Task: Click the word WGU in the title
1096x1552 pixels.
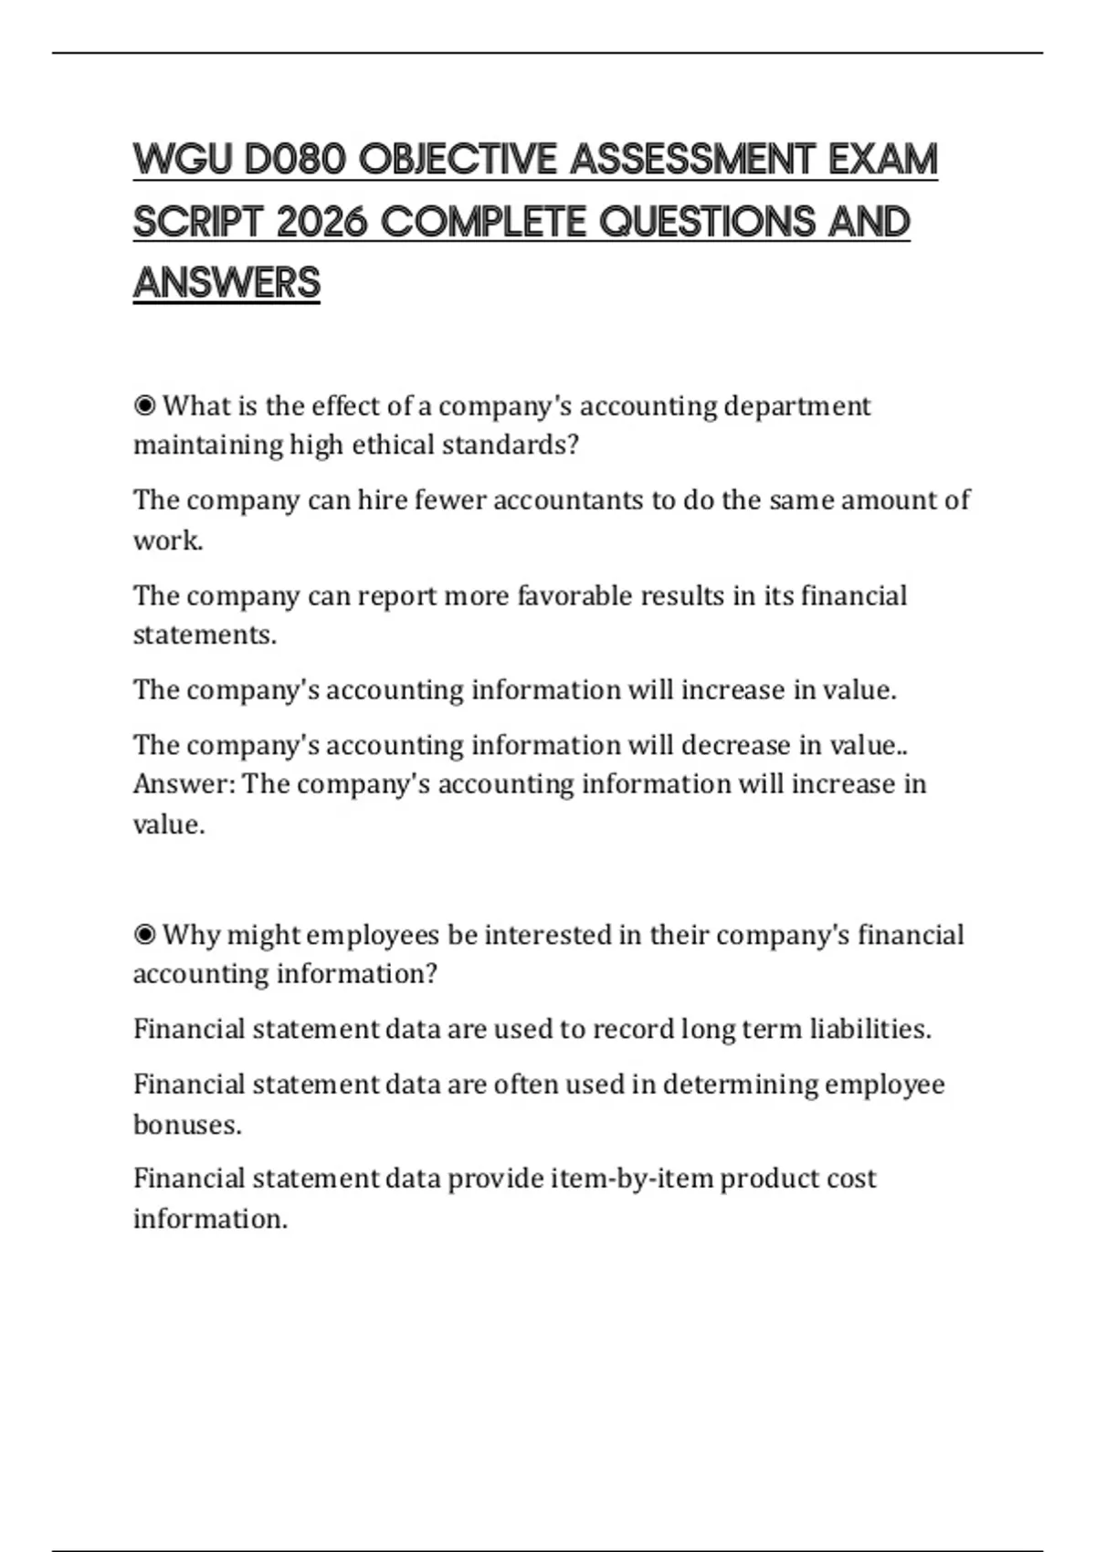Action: tap(183, 160)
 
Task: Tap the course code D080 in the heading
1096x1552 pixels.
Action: tap(295, 160)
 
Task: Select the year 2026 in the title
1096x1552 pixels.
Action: tap(320, 222)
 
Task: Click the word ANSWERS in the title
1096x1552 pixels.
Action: tap(227, 283)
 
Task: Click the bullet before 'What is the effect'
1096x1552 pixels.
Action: tap(144, 405)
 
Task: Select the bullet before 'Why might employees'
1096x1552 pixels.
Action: tap(144, 935)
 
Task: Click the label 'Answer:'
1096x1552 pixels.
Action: tap(184, 784)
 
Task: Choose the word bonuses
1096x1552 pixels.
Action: tap(187, 1124)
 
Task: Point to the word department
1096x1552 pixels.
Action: tap(796, 405)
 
